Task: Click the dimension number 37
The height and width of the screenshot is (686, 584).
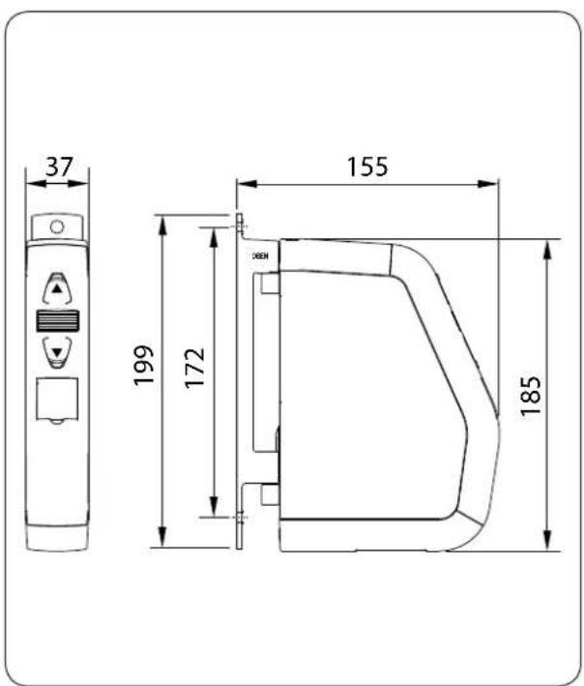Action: (59, 166)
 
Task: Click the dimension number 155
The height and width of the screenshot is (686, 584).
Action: (367, 166)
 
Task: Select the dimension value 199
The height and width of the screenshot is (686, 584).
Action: (145, 366)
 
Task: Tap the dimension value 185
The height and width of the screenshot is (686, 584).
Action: (530, 393)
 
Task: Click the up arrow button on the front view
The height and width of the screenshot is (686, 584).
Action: (59, 288)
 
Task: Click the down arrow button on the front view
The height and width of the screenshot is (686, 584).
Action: (59, 352)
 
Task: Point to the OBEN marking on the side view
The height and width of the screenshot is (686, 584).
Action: (261, 257)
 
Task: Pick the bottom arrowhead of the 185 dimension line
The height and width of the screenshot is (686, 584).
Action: (548, 544)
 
